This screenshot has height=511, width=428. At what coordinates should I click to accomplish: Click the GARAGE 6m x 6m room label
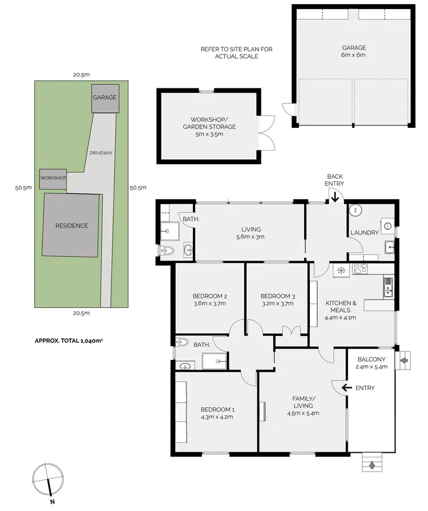click(353, 51)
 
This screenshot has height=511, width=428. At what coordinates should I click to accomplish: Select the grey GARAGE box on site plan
click(104, 98)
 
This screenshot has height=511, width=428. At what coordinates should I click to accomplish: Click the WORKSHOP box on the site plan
click(53, 179)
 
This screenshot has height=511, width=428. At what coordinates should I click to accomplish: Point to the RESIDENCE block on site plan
click(71, 225)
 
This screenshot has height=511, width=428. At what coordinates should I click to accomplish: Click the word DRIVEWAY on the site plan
click(101, 153)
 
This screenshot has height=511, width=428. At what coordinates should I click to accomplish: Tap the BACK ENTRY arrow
click(334, 197)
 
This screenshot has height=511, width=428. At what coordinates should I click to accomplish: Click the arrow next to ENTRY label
click(346, 388)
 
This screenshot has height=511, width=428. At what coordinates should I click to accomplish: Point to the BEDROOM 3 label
click(277, 296)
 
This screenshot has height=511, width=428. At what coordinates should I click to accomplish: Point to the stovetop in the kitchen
click(361, 268)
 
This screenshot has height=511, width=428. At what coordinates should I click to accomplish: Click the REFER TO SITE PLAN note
click(236, 52)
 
